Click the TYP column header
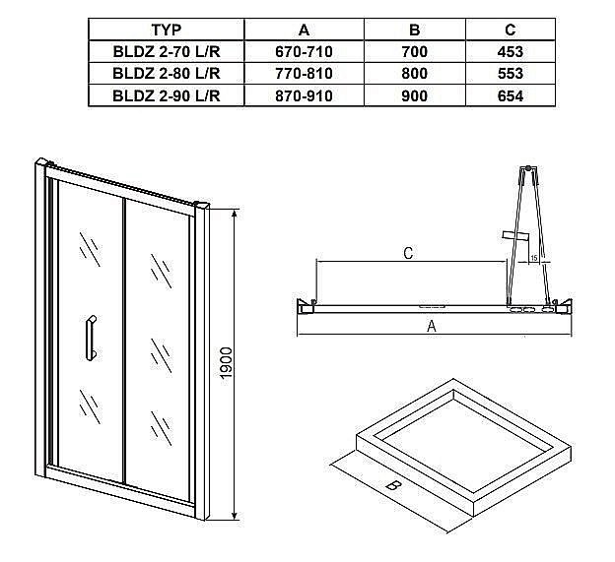pos(165,30)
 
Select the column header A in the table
pos(304,30)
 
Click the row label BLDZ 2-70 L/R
pos(165,51)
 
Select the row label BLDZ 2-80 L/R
pos(165,74)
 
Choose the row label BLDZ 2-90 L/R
pos(165,95)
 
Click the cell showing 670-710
pos(304,51)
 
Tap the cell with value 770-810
pos(304,74)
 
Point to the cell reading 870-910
pos(304,95)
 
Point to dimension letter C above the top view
pos(408,252)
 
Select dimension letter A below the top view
pos(431,328)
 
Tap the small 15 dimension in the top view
pos(532,258)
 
